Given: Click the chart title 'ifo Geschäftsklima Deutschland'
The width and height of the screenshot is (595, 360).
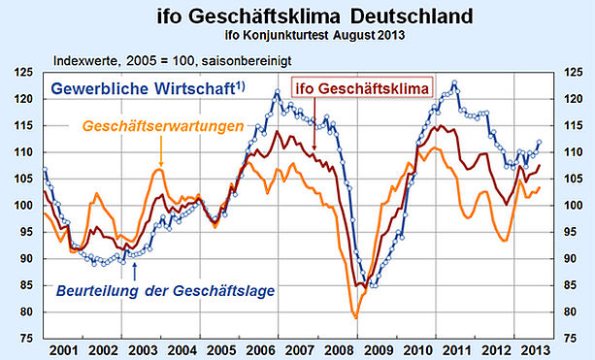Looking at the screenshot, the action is [x=314, y=16].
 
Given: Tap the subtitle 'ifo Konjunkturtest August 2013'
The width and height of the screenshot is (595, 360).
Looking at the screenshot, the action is [x=314, y=35].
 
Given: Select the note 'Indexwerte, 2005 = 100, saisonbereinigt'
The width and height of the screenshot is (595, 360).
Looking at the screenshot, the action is [x=172, y=61].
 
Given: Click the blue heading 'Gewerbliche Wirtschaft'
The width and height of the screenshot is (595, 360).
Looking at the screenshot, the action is [x=148, y=88].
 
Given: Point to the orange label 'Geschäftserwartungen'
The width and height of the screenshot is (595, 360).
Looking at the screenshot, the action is [x=163, y=126].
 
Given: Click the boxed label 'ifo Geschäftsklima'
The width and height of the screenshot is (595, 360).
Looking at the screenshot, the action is [x=362, y=88].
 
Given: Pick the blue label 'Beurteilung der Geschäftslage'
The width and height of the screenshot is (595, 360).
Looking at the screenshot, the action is [x=165, y=291].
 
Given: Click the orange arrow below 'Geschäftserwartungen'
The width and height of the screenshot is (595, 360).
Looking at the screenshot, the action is [x=161, y=151].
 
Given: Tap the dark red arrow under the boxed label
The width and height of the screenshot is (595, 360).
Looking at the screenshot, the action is [x=314, y=123].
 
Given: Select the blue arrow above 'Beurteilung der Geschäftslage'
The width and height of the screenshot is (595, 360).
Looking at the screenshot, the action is [x=134, y=271].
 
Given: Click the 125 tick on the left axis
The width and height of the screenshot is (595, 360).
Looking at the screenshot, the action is [x=23, y=72].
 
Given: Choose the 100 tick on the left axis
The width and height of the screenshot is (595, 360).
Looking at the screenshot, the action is [x=23, y=205].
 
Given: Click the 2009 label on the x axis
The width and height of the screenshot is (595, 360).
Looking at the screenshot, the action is [x=378, y=350].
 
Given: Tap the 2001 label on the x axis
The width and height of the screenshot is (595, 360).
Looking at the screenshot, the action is [x=63, y=350].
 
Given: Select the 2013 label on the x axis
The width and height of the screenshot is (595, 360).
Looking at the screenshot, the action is [x=535, y=350].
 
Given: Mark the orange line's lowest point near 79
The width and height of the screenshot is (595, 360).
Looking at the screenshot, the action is [x=356, y=318].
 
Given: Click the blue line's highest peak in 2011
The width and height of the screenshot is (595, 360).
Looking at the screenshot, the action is [x=454, y=82].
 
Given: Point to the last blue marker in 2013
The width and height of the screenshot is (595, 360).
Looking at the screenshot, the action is [x=539, y=142].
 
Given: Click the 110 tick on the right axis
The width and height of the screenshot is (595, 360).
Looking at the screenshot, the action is [x=573, y=152].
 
